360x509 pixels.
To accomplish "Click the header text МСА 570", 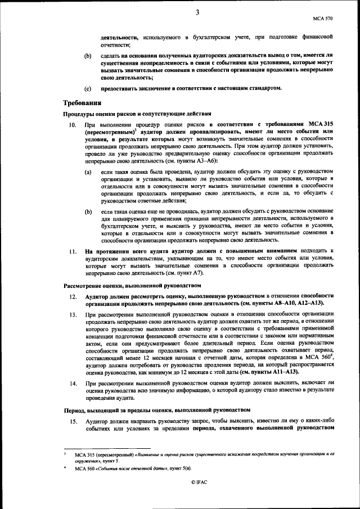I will (x=323, y=18).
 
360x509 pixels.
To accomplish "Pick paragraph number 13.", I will (x=73, y=315).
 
